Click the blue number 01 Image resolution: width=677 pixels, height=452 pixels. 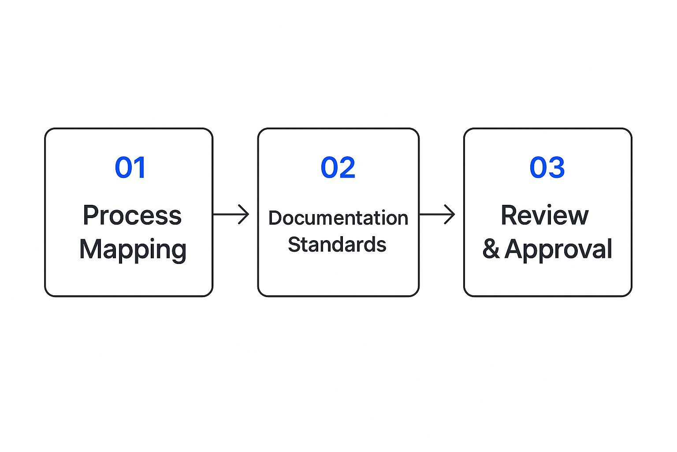pyautogui.click(x=130, y=168)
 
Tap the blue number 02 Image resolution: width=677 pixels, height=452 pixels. pyautogui.click(x=338, y=168)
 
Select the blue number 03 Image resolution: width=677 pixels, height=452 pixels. pyautogui.click(x=547, y=168)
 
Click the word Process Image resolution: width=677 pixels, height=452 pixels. pyautogui.click(x=132, y=215)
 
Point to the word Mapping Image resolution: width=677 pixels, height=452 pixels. pyautogui.click(x=133, y=250)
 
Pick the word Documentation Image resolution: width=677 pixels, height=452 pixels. pyautogui.click(x=338, y=218)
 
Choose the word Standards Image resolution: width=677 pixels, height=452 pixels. pyautogui.click(x=337, y=245)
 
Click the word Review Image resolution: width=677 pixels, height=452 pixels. pyautogui.click(x=545, y=215)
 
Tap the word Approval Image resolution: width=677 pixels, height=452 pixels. pyautogui.click(x=558, y=250)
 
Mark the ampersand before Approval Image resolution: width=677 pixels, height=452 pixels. pyautogui.click(x=491, y=249)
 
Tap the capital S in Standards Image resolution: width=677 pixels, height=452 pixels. pyautogui.click(x=294, y=245)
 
